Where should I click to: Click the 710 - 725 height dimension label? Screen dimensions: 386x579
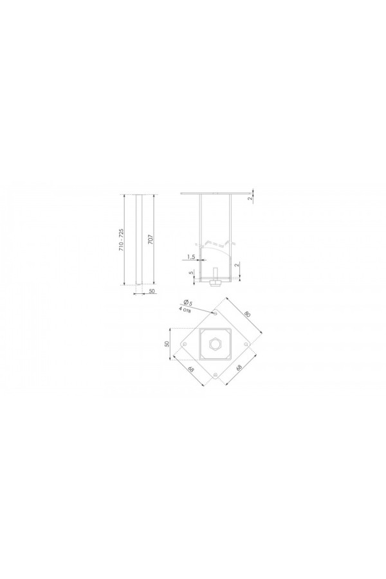click(x=121, y=240)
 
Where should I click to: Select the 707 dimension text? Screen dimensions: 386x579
click(x=150, y=240)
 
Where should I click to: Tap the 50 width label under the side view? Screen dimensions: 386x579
click(x=151, y=291)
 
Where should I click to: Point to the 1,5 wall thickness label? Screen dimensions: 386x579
click(x=190, y=256)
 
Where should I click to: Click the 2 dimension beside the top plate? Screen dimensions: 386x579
click(x=250, y=198)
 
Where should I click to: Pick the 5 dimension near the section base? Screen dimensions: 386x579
click(x=190, y=273)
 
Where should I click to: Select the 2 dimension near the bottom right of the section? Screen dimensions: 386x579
click(x=237, y=265)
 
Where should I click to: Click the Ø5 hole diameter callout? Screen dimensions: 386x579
click(x=188, y=302)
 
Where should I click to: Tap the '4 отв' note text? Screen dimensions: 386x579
click(x=185, y=310)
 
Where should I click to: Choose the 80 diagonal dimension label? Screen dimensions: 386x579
click(x=248, y=314)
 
